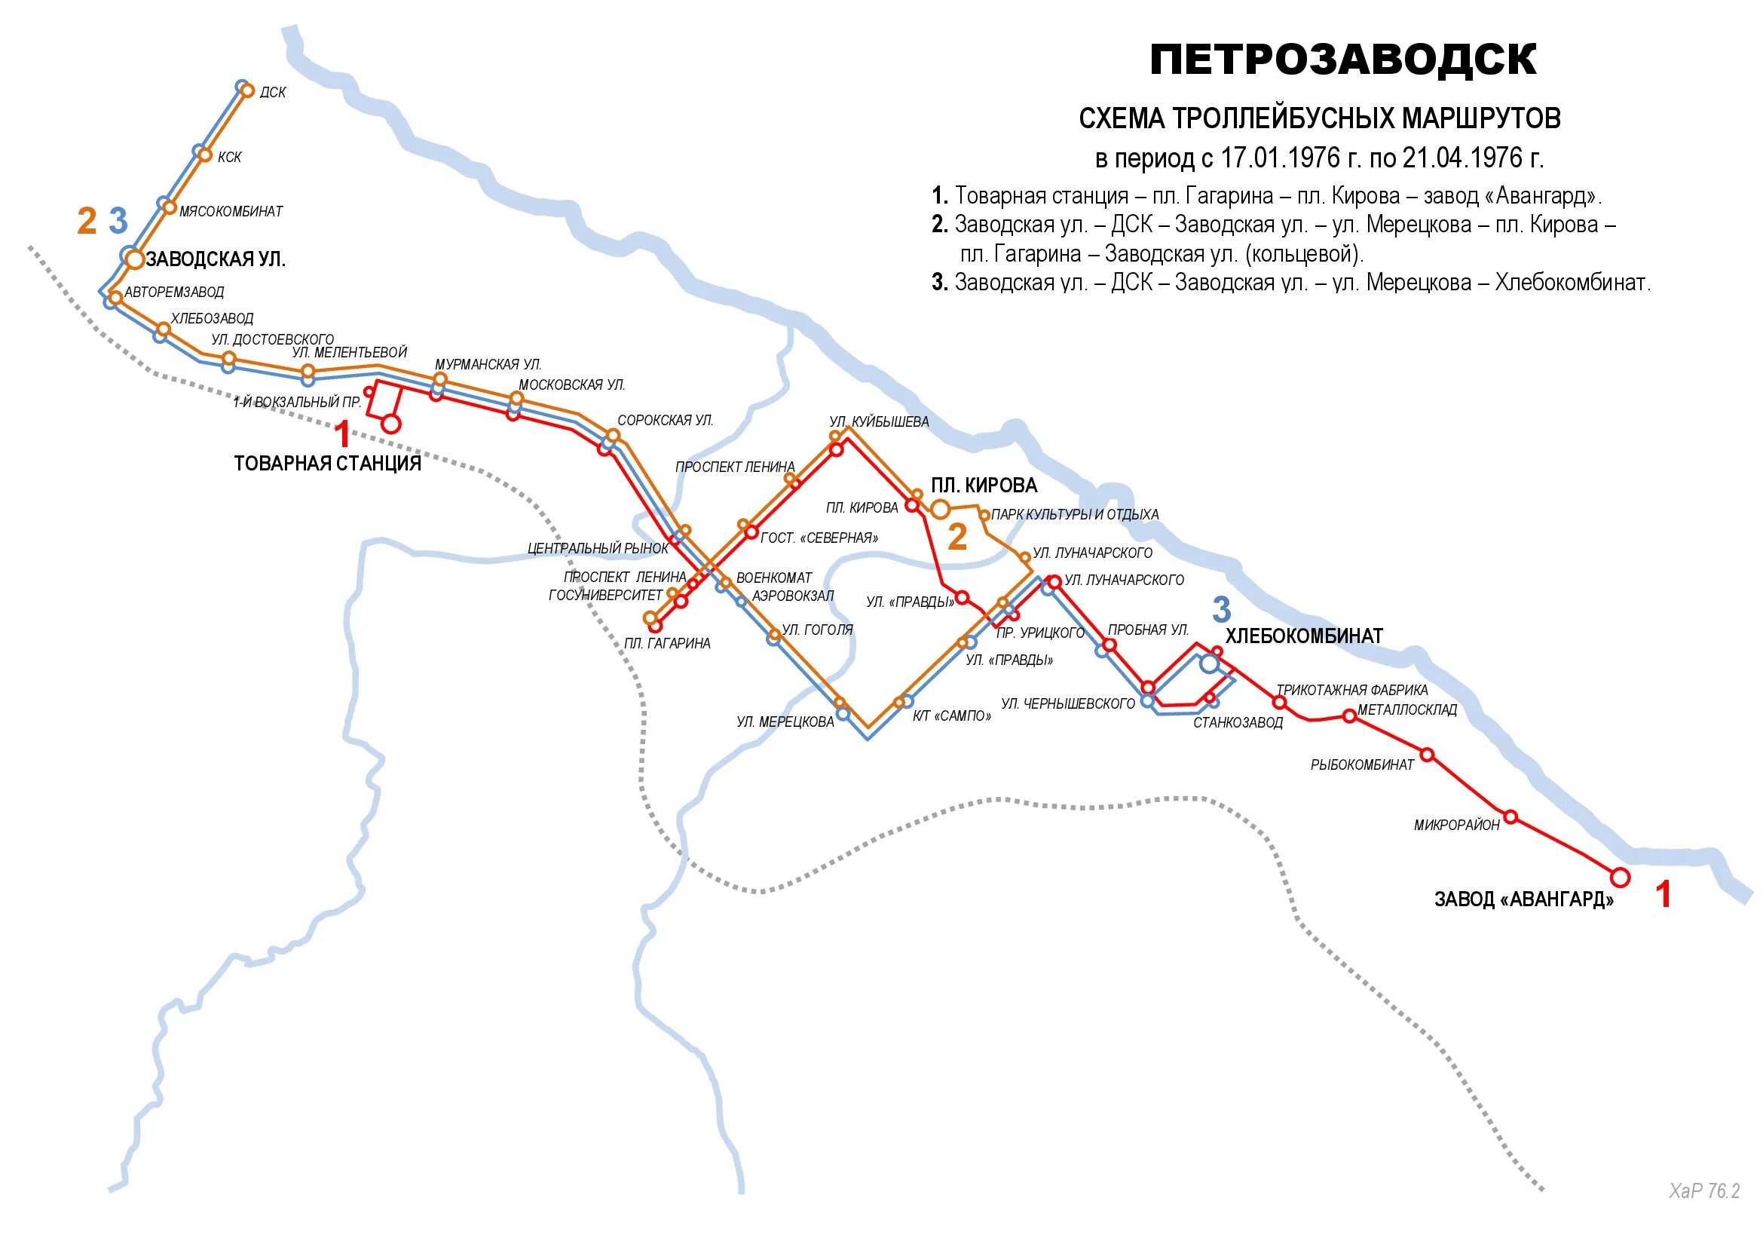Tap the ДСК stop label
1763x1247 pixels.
coord(273,93)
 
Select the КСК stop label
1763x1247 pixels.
coord(230,158)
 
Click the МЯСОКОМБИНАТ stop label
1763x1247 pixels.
coord(231,211)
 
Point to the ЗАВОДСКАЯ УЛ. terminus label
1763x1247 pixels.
coord(216,259)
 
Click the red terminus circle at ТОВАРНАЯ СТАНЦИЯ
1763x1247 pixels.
coord(391,424)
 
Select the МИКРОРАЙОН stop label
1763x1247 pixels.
coord(1457,826)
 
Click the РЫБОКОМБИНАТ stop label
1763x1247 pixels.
coord(1362,764)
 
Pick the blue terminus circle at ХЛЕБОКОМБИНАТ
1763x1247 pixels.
coord(1211,663)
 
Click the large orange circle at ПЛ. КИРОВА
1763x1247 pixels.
coord(940,508)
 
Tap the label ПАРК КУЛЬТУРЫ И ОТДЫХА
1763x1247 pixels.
coord(1075,514)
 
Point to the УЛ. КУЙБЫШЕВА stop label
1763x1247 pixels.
coord(878,421)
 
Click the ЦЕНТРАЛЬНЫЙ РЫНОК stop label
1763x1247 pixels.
coord(598,548)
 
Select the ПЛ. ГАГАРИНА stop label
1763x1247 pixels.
coord(666,643)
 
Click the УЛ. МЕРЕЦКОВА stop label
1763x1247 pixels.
coord(785,722)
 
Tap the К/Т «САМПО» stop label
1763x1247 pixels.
coord(950,716)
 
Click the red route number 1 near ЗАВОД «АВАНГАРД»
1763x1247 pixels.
coord(1664,896)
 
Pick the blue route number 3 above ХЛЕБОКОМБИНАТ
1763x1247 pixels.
coord(1221,610)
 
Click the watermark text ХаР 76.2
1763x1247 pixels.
coord(1704,1191)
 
